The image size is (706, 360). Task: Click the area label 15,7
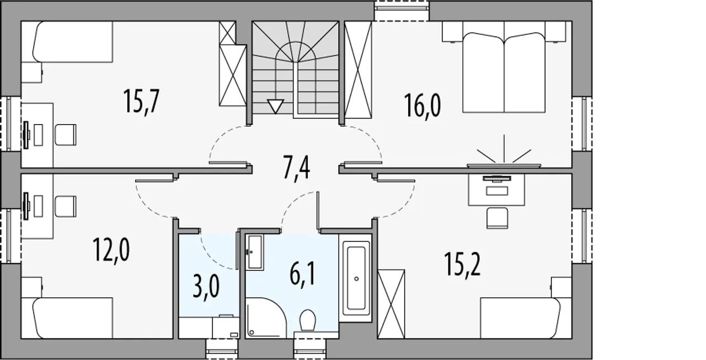142,101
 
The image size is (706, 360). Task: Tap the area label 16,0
422,106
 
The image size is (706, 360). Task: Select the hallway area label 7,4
297,168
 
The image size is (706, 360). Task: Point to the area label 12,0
111,250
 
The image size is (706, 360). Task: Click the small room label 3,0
206,286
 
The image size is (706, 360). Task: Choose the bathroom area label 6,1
303,274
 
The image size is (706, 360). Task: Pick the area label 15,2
462,265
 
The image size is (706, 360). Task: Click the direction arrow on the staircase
275,106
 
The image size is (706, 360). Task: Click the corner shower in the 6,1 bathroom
266,318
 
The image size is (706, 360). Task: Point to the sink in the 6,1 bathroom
254,252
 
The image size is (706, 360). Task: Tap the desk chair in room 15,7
66,135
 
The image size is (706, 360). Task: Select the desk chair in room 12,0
66,206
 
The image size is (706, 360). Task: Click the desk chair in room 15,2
498,218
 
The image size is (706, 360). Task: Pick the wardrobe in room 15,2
391,304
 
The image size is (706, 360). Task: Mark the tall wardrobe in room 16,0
358,69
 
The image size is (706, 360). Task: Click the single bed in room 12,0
73,318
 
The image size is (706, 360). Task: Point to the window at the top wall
402,11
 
